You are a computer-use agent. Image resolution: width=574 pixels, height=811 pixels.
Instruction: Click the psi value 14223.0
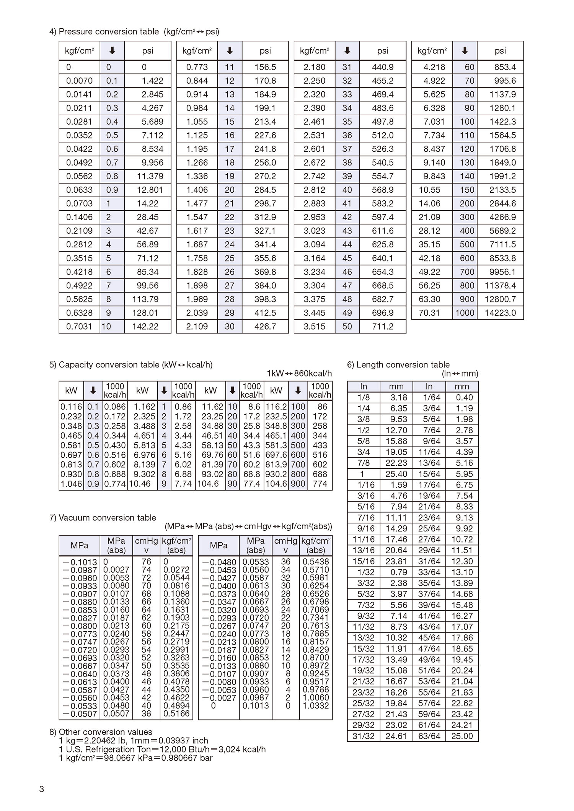pyautogui.click(x=500, y=313)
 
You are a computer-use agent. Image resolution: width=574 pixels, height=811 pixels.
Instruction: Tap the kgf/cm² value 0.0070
pyautogui.click(x=79, y=81)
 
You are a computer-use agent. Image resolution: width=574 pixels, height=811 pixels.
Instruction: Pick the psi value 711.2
pyautogui.click(x=383, y=327)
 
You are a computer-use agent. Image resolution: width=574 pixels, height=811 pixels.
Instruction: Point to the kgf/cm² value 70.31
pyautogui.click(x=429, y=313)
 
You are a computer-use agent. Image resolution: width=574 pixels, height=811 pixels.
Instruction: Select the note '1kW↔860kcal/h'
pyautogui.click(x=299, y=374)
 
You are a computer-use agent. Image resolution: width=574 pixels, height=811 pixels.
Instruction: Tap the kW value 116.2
pyautogui.click(x=276, y=406)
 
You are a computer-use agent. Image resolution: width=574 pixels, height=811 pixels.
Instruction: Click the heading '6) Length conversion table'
pyautogui.click(x=398, y=364)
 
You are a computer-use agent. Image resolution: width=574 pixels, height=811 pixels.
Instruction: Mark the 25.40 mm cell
pyautogui.click(x=396, y=474)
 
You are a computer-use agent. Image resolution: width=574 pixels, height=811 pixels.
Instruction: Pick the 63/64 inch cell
pyautogui.click(x=429, y=736)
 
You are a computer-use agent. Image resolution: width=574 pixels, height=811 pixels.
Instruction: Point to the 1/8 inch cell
pyautogui.click(x=363, y=397)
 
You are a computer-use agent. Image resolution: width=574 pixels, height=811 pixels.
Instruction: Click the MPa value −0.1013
pyautogui.click(x=80, y=562)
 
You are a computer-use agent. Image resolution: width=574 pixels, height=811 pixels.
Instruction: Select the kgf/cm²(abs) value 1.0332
pyautogui.click(x=316, y=705)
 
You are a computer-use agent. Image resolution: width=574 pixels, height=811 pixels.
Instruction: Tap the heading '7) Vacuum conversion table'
pyautogui.click(x=103, y=518)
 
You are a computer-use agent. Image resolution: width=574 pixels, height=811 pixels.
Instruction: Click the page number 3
pyautogui.click(x=42, y=789)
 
